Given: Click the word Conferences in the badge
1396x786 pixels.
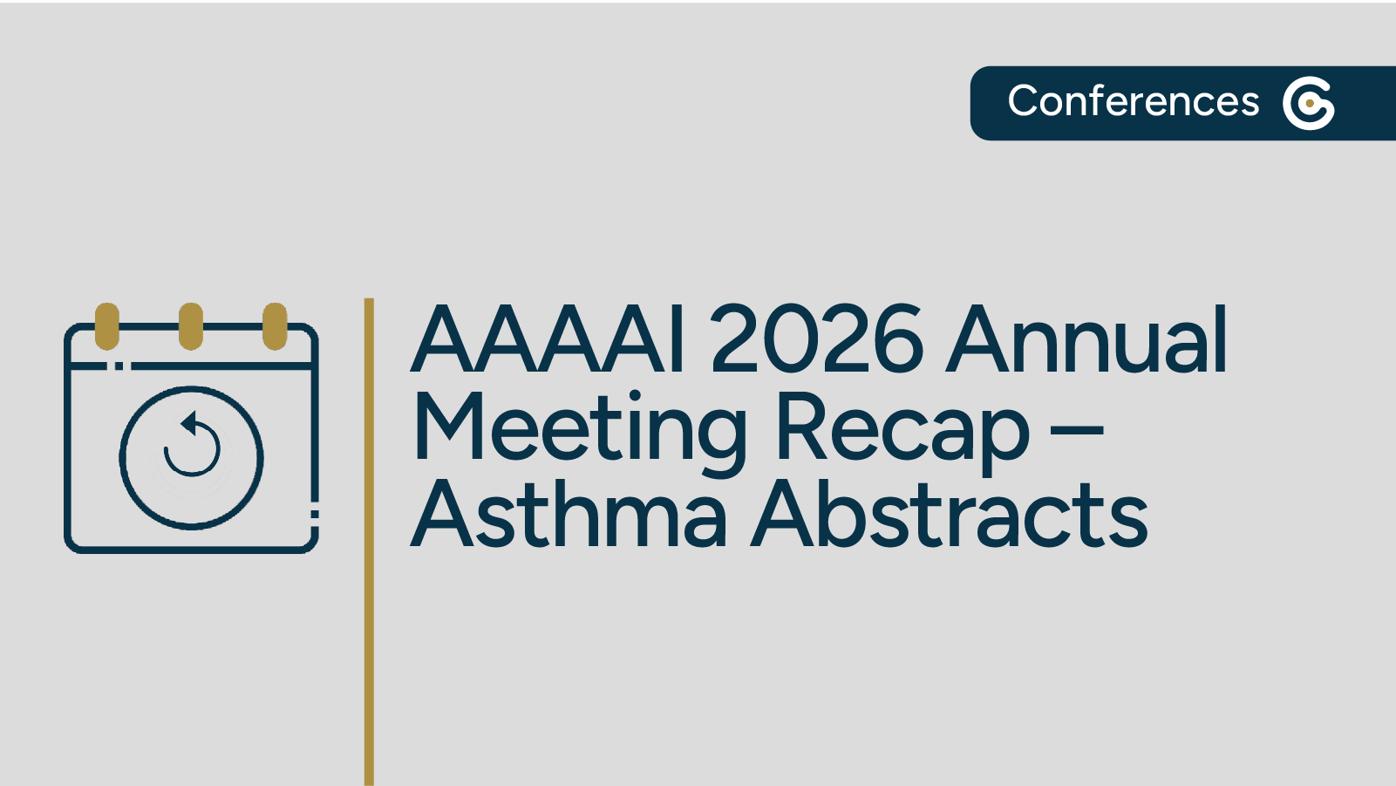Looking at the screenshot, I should coord(1133,101).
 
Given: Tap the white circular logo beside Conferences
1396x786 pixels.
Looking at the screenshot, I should coord(1308,103).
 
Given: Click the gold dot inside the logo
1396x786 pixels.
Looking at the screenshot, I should coord(1310,103).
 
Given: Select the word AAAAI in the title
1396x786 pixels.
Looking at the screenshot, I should coord(550,340).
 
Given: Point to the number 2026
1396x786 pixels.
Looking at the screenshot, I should coord(817,340).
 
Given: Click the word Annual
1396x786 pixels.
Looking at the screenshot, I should coord(1088,340).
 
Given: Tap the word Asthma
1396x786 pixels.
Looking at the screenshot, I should coord(569,515).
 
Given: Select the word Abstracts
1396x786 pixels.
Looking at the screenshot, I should coord(950,515).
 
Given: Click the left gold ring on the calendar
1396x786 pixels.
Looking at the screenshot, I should coord(107,325).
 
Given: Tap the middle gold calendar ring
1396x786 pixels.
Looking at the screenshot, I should coord(191,325).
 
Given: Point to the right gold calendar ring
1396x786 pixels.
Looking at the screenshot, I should coord(275,325).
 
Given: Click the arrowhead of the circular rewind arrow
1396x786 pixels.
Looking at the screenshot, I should coord(188,424).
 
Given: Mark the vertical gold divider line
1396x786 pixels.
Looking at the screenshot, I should coord(369,541).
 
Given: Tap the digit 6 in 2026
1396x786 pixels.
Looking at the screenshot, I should coord(897,340).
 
